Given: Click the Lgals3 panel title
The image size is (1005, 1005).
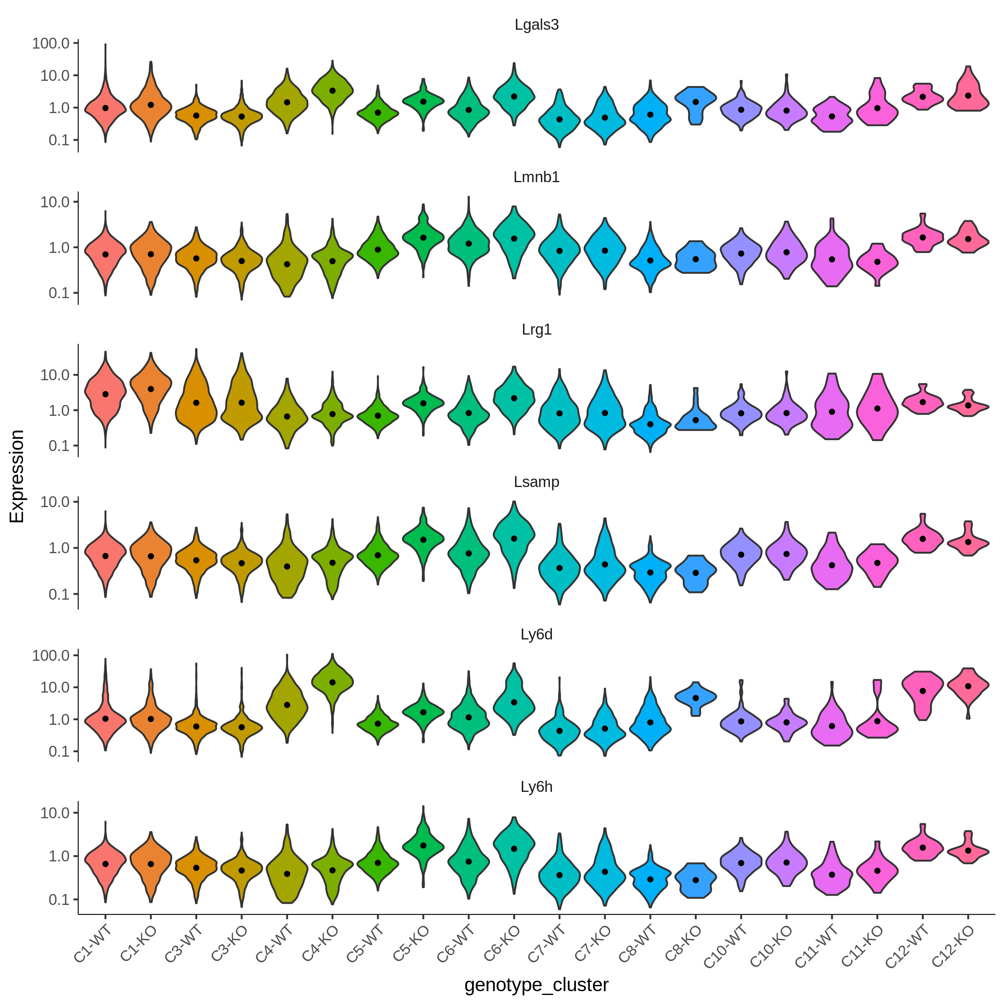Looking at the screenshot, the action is pos(536,25).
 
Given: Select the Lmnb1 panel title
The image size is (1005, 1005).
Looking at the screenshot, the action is pos(536,178).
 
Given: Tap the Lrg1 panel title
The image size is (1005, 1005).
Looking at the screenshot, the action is pos(536,330).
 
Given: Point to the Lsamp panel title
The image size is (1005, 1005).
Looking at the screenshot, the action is pos(536,482).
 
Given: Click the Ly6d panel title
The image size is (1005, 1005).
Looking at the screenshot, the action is pos(536,635).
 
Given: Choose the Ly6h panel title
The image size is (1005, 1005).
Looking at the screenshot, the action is pos(536,787).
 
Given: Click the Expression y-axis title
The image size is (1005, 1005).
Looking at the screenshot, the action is pos(17,477).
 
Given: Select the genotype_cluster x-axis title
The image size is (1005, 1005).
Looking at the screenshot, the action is pos(536,985).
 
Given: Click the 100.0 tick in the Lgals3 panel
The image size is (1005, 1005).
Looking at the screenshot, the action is pos(51,43).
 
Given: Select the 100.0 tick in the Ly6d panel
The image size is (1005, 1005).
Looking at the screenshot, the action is pos(51,655).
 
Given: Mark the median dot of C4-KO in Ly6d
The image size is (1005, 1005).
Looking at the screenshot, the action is pos(332,682).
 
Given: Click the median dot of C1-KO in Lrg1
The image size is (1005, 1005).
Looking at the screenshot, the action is pos(151,389).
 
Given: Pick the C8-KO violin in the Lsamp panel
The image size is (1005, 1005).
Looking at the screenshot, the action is pos(696,574).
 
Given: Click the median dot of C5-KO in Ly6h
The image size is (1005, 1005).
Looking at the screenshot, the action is pos(423,846).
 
